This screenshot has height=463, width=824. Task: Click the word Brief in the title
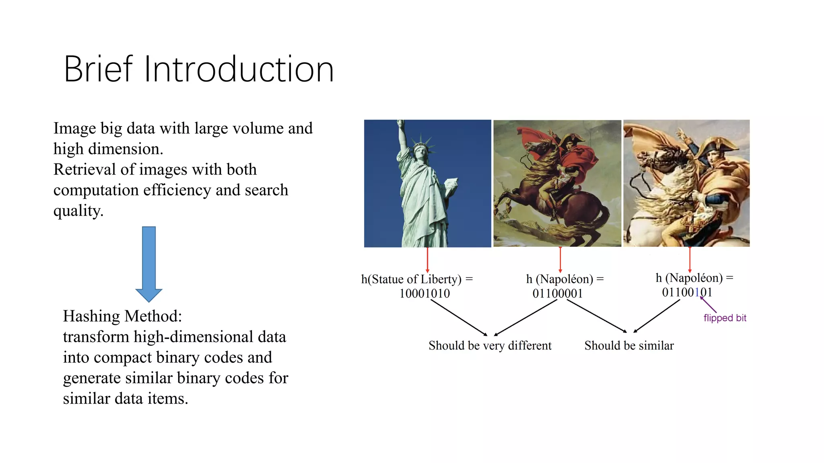98,69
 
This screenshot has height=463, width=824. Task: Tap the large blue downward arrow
149,263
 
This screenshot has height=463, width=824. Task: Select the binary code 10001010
424,293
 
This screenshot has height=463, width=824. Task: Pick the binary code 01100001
557,293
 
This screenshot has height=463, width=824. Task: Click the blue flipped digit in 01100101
697,292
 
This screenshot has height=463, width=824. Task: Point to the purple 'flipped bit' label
725,318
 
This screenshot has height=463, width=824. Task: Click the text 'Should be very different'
490,346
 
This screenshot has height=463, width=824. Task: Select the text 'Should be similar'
629,346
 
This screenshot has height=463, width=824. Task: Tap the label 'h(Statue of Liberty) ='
417,279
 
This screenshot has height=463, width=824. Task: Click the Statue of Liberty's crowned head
421,151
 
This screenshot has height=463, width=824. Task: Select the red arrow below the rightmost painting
690,260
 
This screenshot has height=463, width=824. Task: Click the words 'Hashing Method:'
122,316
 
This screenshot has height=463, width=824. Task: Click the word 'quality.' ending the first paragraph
78,211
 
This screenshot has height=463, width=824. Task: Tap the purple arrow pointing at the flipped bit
708,304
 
